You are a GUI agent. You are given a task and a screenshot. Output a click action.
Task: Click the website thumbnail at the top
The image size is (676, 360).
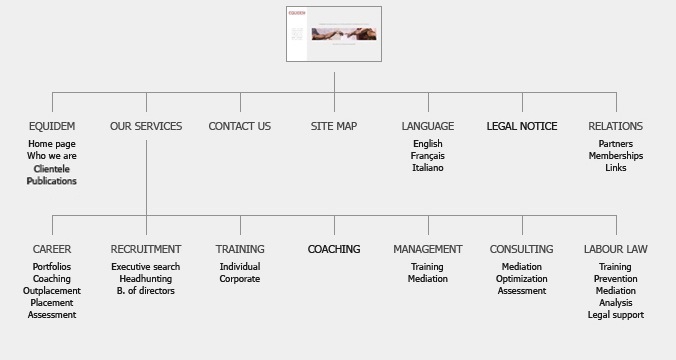click(334, 34)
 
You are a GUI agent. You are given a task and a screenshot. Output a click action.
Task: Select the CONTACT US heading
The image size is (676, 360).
click(240, 126)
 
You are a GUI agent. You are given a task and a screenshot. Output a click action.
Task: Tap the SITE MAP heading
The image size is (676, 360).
click(334, 126)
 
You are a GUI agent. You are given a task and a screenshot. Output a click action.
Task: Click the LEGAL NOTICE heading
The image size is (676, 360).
click(522, 126)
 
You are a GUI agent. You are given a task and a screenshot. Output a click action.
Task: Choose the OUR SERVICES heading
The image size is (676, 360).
click(146, 126)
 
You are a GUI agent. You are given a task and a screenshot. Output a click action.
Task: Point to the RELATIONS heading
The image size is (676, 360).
click(615, 126)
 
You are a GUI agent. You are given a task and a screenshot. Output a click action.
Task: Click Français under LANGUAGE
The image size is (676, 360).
click(428, 156)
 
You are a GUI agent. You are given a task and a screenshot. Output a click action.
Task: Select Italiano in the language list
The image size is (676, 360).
click(428, 168)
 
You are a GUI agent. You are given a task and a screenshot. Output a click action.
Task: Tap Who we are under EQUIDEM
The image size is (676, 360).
click(52, 156)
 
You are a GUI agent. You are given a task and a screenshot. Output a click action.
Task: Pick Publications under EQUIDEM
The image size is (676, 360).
click(52, 181)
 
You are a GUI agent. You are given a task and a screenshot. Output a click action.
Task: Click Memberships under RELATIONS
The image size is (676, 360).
click(616, 156)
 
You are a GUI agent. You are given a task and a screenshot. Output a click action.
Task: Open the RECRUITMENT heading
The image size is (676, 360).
click(146, 249)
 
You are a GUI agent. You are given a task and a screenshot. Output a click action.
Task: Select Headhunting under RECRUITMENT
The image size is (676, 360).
click(146, 279)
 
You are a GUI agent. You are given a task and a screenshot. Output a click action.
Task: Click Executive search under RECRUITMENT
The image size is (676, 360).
click(146, 267)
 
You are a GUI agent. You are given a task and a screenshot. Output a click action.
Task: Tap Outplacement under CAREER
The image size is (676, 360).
click(52, 291)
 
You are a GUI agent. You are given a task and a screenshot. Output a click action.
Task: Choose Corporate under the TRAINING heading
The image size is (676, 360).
click(240, 279)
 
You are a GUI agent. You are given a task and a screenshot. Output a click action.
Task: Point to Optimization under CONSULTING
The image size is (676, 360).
click(522, 279)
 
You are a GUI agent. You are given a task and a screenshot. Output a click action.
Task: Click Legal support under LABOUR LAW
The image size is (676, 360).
click(616, 315)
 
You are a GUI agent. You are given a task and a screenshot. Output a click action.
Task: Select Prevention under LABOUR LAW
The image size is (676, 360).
click(616, 279)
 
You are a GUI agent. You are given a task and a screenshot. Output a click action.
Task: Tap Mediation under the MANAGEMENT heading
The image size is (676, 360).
click(428, 279)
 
